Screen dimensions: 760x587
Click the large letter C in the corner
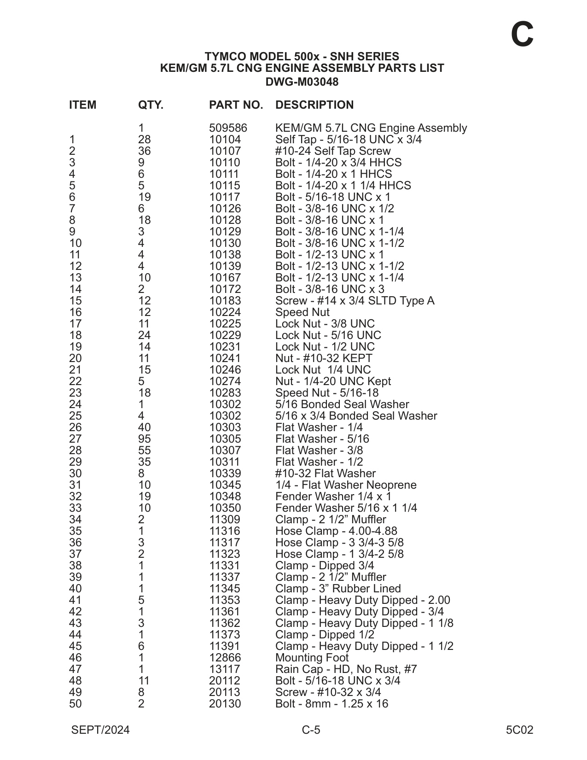point(522,35)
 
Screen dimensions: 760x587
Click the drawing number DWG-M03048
point(302,82)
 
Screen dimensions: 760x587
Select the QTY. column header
point(151,105)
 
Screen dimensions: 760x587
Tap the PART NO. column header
point(236,105)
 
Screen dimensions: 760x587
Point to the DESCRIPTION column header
point(314,105)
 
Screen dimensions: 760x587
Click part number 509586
point(228,128)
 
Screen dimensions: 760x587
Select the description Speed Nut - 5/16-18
point(327,393)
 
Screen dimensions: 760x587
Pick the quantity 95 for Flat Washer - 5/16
point(145,439)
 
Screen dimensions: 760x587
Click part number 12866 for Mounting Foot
point(225,658)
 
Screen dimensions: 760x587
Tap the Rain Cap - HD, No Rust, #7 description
point(346,669)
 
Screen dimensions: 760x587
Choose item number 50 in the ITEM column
point(76,704)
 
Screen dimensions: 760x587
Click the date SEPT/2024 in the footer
point(100,730)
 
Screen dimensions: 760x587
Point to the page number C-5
point(311,730)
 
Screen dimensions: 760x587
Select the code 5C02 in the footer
point(519,730)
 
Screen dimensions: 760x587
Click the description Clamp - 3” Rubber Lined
point(338,589)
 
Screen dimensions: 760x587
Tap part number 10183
point(225,301)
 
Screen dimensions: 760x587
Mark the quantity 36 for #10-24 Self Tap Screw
point(145,151)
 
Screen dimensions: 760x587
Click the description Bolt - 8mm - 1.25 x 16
point(331,704)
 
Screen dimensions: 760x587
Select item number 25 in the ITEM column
point(76,416)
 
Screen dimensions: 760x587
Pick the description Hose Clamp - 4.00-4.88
point(336,531)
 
